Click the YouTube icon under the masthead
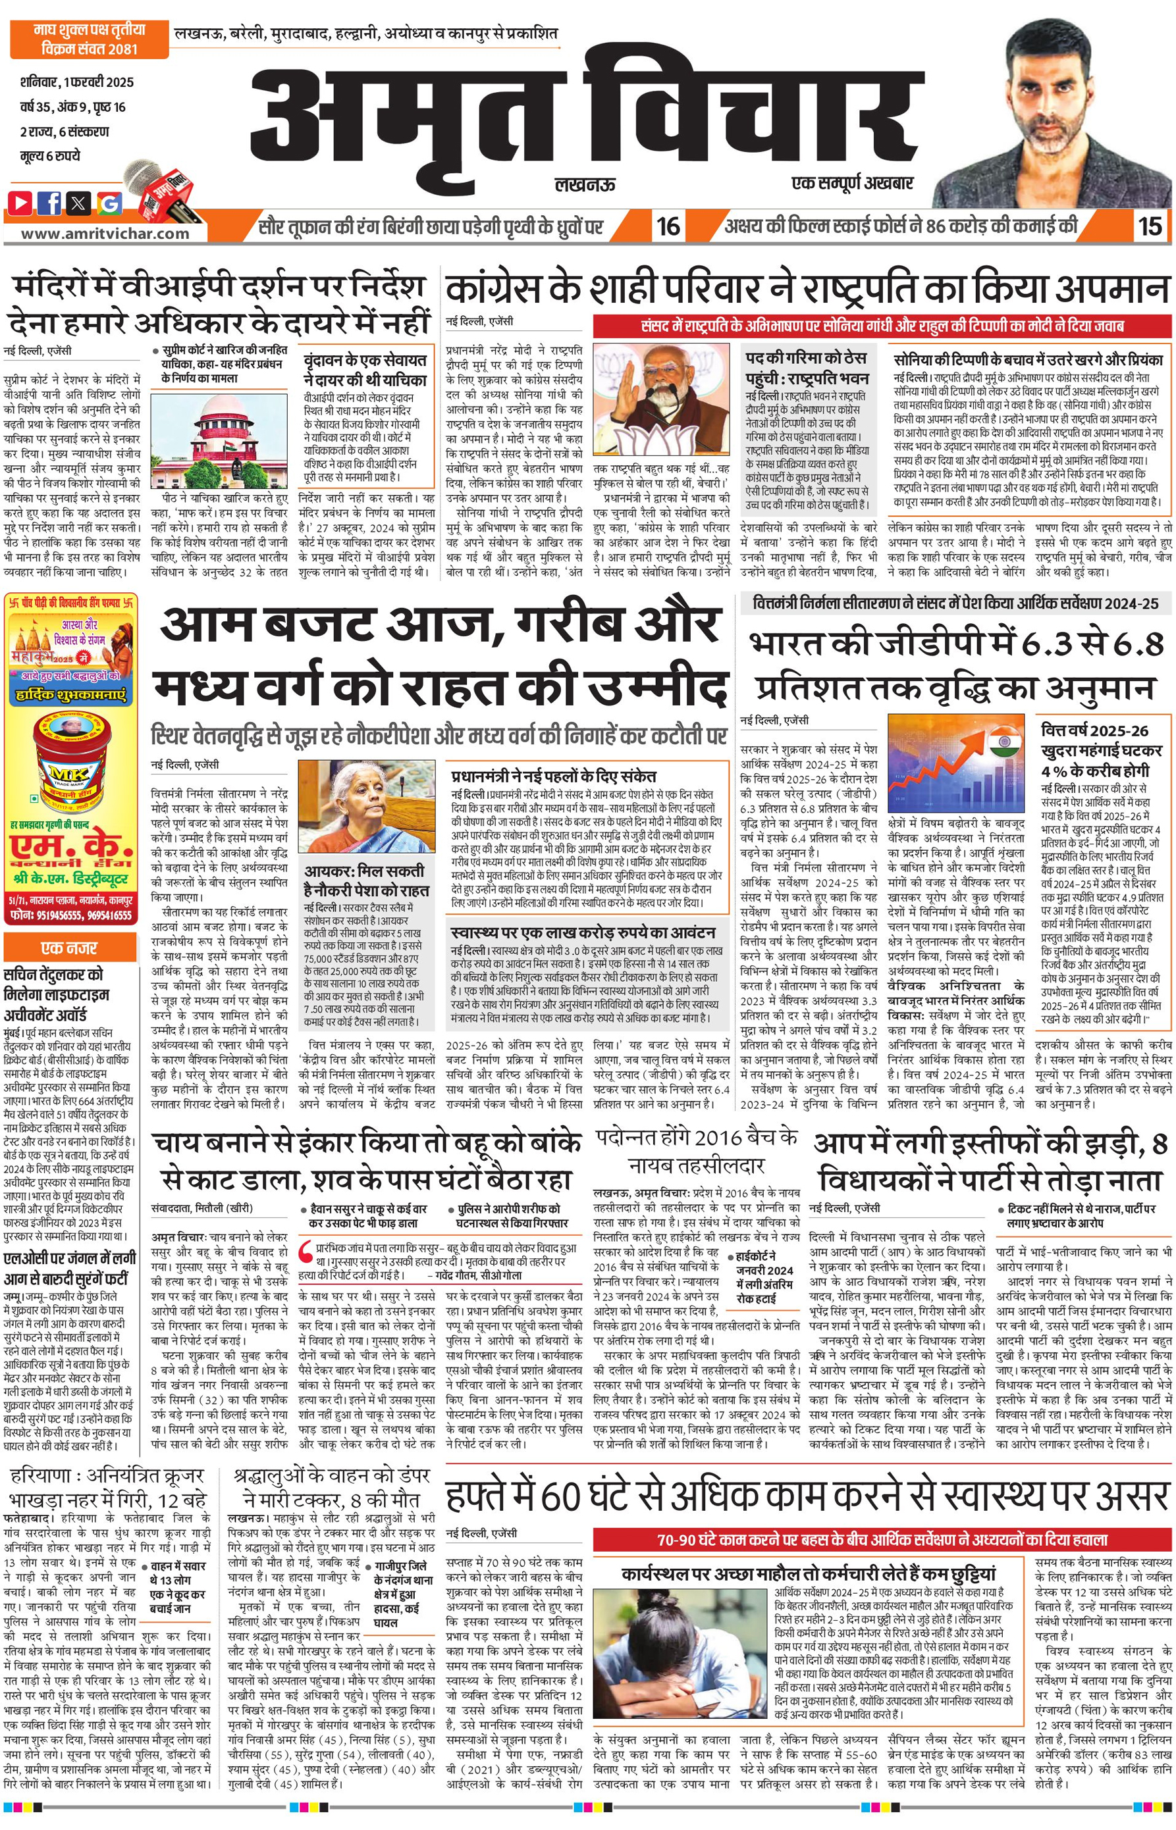pyautogui.click(x=20, y=203)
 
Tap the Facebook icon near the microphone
pyautogui.click(x=49, y=203)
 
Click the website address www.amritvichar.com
pyautogui.click(x=105, y=234)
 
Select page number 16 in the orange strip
pyautogui.click(x=668, y=226)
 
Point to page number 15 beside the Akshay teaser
pyautogui.click(x=1149, y=226)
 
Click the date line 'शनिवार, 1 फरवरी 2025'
pyautogui.click(x=76, y=82)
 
